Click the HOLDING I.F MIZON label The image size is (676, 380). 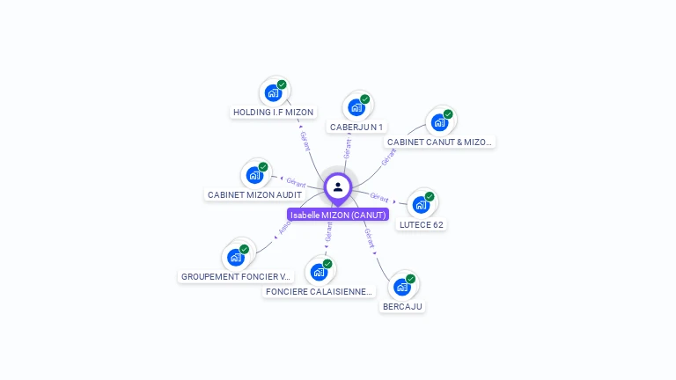(273, 113)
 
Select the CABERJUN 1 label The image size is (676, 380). (356, 128)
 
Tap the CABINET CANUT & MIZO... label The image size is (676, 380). (439, 142)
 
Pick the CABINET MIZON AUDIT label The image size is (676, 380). (254, 194)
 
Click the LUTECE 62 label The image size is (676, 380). (422, 224)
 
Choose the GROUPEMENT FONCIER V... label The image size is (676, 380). (235, 276)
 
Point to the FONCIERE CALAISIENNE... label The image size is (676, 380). (319, 291)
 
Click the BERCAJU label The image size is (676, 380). (402, 307)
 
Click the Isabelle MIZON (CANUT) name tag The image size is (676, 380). (338, 215)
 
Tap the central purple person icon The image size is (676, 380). (338, 187)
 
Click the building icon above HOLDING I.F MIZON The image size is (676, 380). (273, 92)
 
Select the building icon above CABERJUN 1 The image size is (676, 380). (356, 107)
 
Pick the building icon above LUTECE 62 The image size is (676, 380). (422, 204)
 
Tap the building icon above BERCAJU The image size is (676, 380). (402, 287)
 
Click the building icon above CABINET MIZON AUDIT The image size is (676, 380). (254, 174)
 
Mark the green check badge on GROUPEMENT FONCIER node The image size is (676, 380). (245, 249)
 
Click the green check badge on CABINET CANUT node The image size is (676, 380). (448, 114)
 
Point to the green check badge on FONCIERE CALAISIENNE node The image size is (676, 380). (327, 264)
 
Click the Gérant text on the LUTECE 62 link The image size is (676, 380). (379, 197)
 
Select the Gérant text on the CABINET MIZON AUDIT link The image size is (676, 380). (296, 182)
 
